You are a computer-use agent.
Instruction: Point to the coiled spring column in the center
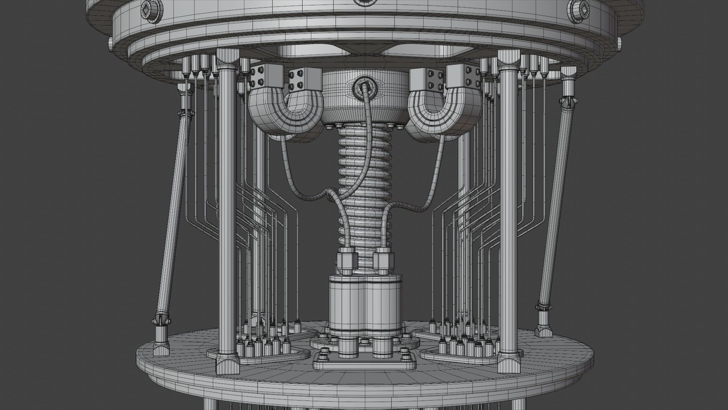(x=364, y=190)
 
